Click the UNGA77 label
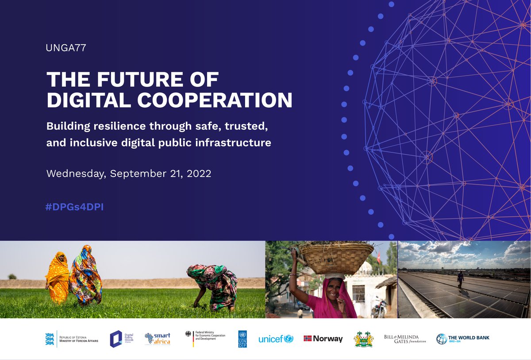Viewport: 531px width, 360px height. point(65,48)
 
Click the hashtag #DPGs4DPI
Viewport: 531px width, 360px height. point(74,207)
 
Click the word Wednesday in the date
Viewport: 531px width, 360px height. point(76,174)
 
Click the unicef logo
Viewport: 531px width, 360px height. point(276,339)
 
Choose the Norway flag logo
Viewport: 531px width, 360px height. point(323,339)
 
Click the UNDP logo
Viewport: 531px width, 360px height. point(242,339)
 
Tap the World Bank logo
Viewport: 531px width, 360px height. point(463,339)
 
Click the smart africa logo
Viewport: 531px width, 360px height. point(158,339)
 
